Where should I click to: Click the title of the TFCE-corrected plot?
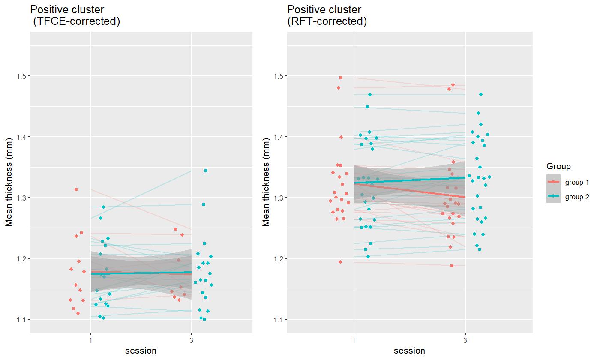click(75, 15)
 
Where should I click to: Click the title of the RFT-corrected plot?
click(327, 15)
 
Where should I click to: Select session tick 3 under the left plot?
click(191, 341)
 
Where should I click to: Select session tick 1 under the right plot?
click(354, 341)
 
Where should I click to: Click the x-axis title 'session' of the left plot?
click(141, 351)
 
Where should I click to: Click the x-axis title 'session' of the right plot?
click(409, 351)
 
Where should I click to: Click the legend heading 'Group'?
click(558, 166)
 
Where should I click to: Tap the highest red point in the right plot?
click(341, 78)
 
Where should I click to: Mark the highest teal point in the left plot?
click(205, 171)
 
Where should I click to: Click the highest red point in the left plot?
click(76, 189)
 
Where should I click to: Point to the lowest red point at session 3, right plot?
click(451, 266)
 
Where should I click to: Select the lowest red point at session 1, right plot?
click(340, 262)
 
